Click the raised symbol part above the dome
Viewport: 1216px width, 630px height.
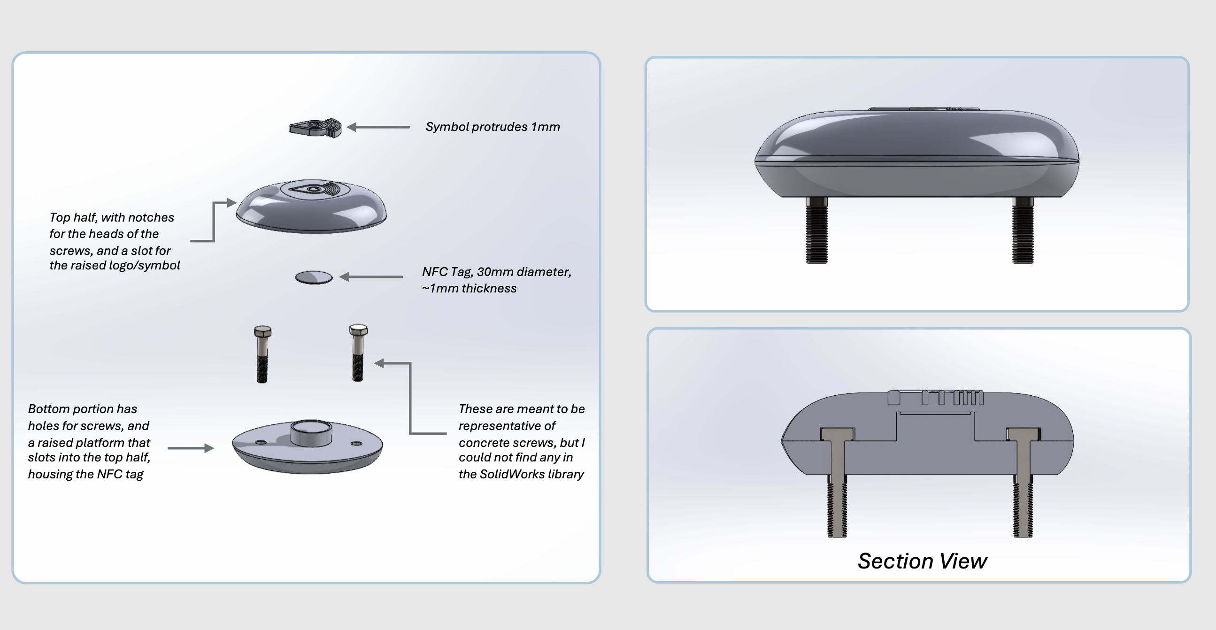tap(316, 127)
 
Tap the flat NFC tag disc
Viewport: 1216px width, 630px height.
tap(314, 277)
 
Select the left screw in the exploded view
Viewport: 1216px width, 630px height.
tap(262, 354)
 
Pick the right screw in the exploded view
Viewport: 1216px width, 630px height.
tap(358, 353)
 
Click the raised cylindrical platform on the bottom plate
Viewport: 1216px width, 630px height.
tap(311, 433)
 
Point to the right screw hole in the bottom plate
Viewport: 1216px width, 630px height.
tap(356, 443)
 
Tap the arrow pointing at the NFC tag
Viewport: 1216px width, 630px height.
tap(370, 277)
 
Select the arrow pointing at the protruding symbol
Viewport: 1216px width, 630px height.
tap(377, 127)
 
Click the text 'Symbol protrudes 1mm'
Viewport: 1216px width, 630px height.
tap(493, 127)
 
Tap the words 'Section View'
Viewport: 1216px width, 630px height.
tap(922, 561)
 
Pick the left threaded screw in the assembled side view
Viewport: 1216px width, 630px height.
tap(816, 231)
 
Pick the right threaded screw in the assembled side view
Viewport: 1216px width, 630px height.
tap(1023, 231)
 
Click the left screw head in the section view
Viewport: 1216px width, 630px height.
tap(837, 433)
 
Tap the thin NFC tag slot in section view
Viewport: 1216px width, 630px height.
tap(935, 414)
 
